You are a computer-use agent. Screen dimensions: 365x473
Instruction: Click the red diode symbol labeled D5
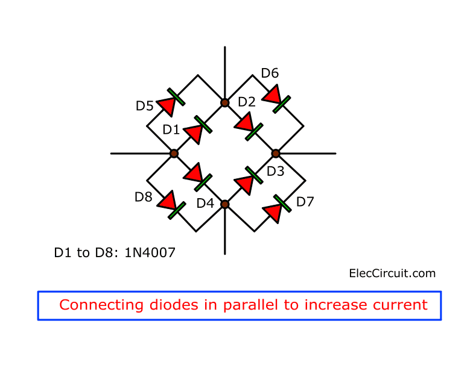pyautogui.click(x=168, y=103)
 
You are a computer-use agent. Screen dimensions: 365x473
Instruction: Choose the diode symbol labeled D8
pyautogui.click(x=169, y=203)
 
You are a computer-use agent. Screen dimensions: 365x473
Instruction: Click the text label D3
pyautogui.click(x=275, y=171)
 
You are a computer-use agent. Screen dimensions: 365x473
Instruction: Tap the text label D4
pyautogui.click(x=205, y=204)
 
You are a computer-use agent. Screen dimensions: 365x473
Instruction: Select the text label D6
pyautogui.click(x=270, y=73)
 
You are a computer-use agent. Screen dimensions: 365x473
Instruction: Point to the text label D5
pyautogui.click(x=144, y=107)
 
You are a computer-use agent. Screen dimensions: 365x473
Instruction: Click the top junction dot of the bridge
pyautogui.click(x=224, y=103)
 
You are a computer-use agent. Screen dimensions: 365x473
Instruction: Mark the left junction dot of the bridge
pyautogui.click(x=174, y=154)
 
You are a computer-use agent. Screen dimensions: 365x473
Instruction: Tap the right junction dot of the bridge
pyautogui.click(x=276, y=154)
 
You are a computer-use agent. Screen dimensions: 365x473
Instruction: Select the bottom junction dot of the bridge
pyautogui.click(x=224, y=205)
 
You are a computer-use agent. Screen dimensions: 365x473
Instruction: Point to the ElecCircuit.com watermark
pyautogui.click(x=392, y=273)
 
